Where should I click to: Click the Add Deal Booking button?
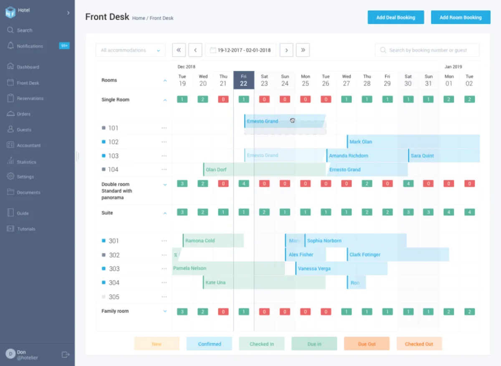click(395, 18)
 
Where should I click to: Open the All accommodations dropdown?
click(130, 50)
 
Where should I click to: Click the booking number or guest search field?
click(427, 50)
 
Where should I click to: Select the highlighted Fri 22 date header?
click(244, 80)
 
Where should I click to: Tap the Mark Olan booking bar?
click(412, 142)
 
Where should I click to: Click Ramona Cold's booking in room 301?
click(213, 241)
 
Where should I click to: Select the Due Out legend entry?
click(367, 344)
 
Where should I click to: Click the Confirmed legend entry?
click(209, 344)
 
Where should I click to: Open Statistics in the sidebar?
click(26, 162)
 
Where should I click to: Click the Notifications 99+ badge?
click(64, 46)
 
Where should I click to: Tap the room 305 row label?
click(114, 297)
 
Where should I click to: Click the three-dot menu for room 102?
click(164, 142)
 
